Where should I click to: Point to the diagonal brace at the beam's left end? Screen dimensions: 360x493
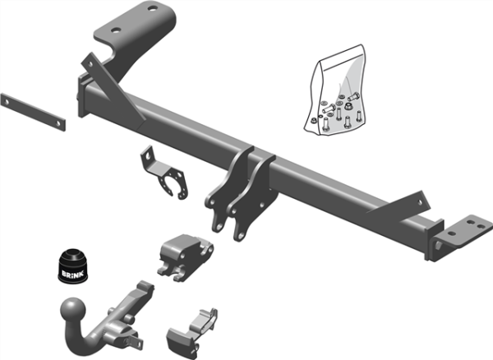pyautogui.click(x=103, y=74)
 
